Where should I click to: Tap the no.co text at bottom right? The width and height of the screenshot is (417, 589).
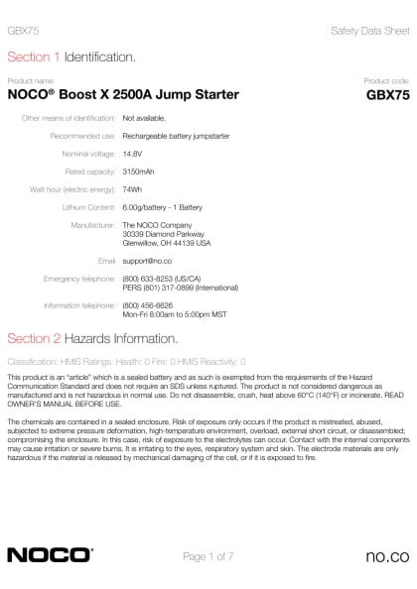[x=386, y=556]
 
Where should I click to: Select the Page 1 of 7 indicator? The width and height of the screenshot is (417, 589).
[x=208, y=556]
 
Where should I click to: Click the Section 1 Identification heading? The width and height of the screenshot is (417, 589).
[x=71, y=58]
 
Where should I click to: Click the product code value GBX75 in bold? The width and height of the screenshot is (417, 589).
[x=387, y=95]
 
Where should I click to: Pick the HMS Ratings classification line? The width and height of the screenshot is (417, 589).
[x=126, y=362]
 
